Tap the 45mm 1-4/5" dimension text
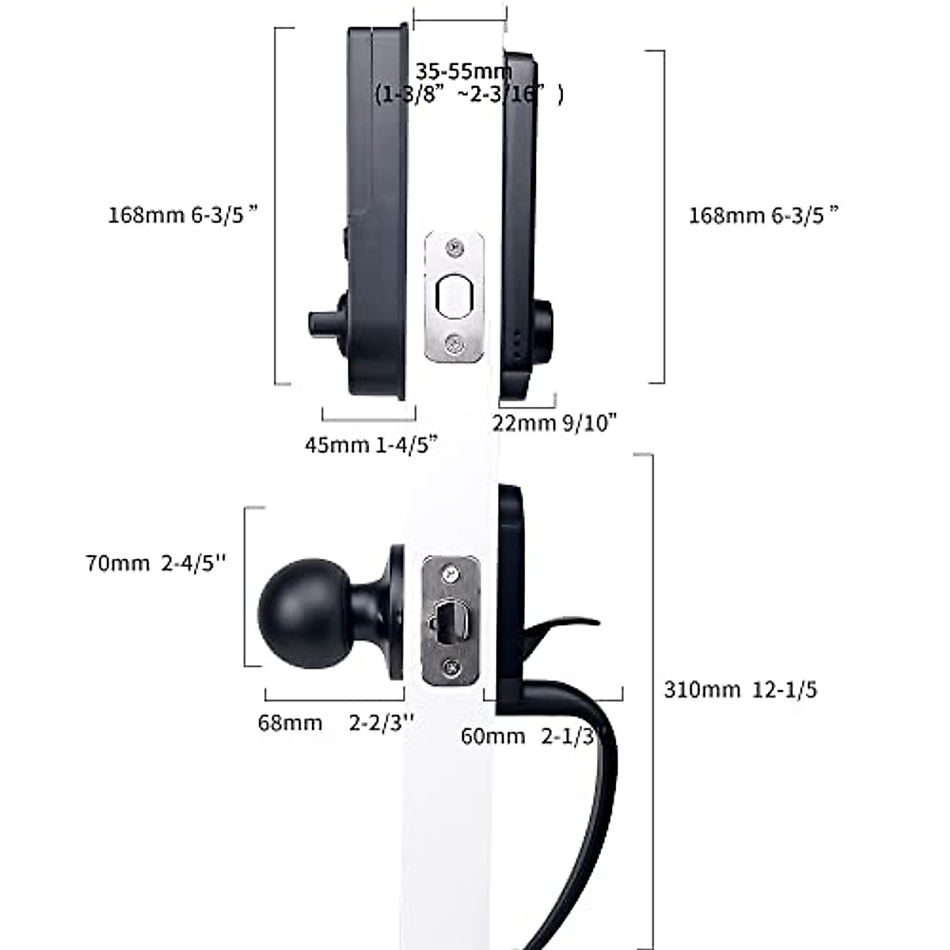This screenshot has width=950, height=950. tap(371, 444)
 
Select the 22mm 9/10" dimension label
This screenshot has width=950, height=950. tap(554, 423)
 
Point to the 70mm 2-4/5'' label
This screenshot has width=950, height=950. tap(156, 563)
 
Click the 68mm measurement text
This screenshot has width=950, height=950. tap(290, 723)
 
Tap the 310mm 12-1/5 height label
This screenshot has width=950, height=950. tap(740, 690)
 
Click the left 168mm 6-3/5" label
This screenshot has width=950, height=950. tap(184, 215)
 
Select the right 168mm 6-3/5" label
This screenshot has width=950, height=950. tap(764, 215)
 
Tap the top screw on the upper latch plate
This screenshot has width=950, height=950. tap(454, 248)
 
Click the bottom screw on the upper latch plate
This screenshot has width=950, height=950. tap(454, 343)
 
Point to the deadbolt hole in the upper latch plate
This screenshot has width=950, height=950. tap(454, 296)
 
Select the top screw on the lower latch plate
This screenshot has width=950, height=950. tap(450, 572)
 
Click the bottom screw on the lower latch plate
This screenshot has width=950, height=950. tap(450, 667)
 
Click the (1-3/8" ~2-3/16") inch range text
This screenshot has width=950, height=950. tap(469, 95)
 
